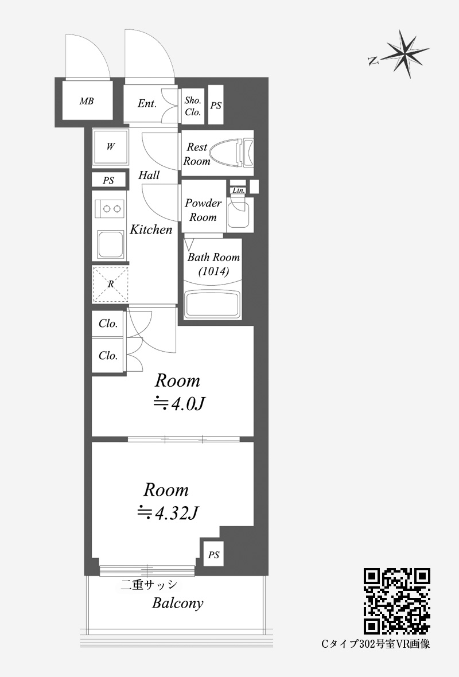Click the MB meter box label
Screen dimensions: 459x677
coord(87,102)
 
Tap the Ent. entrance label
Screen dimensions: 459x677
coord(147,104)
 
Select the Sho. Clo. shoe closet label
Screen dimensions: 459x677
coord(193,106)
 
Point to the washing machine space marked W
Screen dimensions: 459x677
coord(111,147)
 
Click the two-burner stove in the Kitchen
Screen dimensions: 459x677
coord(111,208)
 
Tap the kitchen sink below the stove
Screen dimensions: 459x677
coord(111,245)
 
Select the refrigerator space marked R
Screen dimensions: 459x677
coord(111,283)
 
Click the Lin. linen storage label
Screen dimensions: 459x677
coord(238,190)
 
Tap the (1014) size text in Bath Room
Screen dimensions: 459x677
coord(213,271)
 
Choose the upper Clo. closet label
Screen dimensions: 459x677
coord(108,324)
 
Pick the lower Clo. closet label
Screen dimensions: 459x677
coord(108,356)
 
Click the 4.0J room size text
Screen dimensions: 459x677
coord(180,404)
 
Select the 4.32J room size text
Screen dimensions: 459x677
coord(168,513)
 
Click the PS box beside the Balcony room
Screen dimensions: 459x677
coord(214,555)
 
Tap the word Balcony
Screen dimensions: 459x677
coord(177,603)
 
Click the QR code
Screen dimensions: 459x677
coord(397,602)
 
